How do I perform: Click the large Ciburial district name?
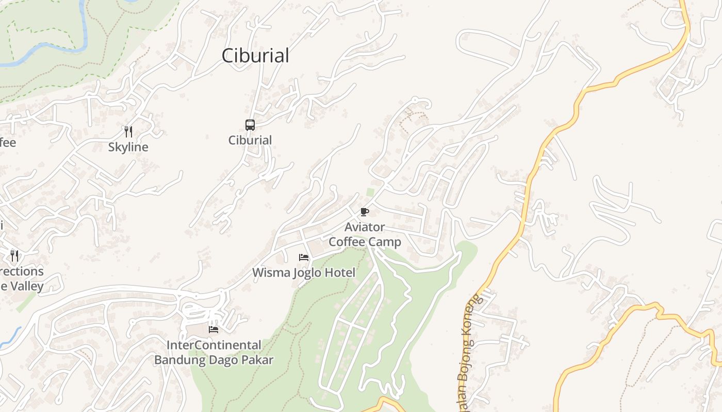[x=255, y=56]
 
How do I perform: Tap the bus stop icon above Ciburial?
[x=250, y=125]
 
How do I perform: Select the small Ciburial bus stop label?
[x=250, y=140]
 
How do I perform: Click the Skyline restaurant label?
[x=128, y=147]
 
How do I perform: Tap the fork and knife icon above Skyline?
[x=128, y=131]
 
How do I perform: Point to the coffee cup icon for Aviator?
[x=365, y=212]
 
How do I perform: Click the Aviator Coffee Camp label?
[x=365, y=234]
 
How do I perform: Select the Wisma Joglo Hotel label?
[x=304, y=272]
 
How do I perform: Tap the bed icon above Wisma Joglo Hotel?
[x=304, y=257]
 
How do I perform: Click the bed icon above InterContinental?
[x=214, y=330]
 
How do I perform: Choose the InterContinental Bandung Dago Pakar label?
[x=214, y=352]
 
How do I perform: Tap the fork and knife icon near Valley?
[x=14, y=255]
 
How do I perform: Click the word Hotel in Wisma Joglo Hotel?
[x=339, y=272]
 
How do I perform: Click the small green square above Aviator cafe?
[x=370, y=192]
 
